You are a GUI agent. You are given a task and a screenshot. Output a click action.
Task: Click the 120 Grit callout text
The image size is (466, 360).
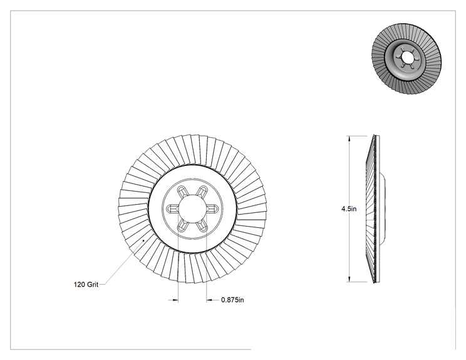point(86,284)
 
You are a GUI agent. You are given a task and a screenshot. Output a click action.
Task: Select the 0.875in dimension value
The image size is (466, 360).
point(232,300)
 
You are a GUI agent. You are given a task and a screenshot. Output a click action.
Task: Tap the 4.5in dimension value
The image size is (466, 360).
point(349,209)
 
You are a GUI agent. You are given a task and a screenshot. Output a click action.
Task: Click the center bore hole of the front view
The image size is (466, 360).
point(192,208)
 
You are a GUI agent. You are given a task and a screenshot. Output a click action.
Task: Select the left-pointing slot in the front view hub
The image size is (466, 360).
point(172,209)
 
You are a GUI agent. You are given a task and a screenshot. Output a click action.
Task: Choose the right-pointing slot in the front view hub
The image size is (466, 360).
point(212,209)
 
